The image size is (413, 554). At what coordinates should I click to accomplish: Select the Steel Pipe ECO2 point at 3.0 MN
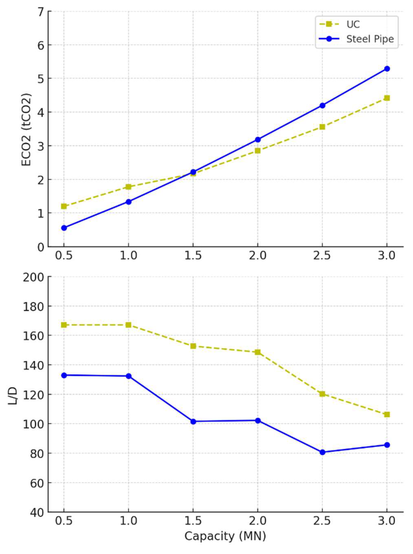[387, 69]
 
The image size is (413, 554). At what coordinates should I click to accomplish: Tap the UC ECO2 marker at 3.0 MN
[387, 98]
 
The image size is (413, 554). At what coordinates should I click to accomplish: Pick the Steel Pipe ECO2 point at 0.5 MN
[64, 228]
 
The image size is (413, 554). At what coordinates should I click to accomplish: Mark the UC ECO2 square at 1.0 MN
[128, 187]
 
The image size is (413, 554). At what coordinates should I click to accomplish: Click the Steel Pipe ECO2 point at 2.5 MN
[322, 105]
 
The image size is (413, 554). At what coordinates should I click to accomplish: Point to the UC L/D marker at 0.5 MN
[64, 325]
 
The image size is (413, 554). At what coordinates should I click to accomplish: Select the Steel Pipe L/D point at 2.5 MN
[322, 452]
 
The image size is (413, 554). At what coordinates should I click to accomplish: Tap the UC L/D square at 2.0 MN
[258, 352]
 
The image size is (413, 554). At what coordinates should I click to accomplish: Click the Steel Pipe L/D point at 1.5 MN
[193, 421]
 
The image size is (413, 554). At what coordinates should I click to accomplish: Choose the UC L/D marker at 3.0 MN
[387, 414]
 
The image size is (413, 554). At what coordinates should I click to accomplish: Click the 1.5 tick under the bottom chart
[193, 521]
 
